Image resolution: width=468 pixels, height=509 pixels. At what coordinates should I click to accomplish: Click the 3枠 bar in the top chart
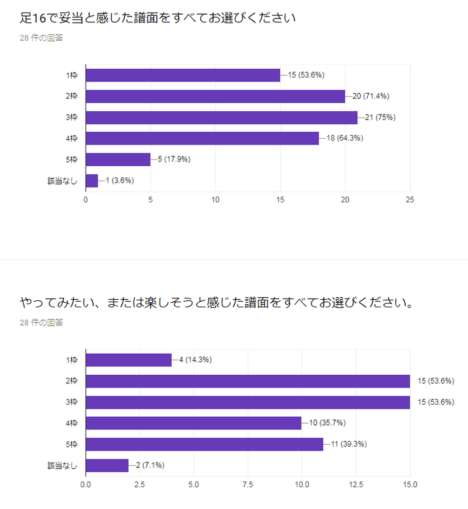[221, 118]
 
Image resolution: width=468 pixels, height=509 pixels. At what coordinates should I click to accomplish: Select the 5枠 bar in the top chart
[118, 160]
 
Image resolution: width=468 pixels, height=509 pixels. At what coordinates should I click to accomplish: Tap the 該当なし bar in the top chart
[92, 181]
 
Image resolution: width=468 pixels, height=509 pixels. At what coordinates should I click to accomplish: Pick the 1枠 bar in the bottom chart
[128, 360]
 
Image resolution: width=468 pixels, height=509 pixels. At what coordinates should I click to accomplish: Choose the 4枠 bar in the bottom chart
[193, 423]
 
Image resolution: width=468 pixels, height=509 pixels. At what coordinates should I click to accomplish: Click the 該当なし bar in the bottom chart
[107, 466]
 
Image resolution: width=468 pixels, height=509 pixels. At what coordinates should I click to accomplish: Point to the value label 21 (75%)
[380, 117]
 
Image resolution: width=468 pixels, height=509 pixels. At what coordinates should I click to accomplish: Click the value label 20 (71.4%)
[371, 96]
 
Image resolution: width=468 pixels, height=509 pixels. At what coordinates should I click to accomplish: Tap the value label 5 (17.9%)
[174, 159]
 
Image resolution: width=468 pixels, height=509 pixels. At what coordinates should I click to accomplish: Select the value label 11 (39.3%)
[348, 443]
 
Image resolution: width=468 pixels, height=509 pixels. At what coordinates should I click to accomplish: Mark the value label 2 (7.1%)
[150, 465]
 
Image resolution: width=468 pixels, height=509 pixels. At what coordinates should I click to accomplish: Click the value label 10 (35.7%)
[327, 422]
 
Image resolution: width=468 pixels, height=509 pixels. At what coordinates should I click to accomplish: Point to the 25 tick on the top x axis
[410, 200]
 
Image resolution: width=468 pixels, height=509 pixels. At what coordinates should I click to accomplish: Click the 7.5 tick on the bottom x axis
[248, 485]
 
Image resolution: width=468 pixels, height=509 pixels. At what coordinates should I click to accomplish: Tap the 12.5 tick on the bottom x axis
[356, 485]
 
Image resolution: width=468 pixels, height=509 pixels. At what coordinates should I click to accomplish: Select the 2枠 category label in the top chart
[72, 96]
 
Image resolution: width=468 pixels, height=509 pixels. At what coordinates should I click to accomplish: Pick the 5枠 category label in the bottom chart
[72, 444]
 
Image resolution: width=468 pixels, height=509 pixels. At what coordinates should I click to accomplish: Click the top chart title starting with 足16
[158, 18]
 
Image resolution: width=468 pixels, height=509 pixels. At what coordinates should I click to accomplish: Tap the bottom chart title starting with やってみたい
[217, 303]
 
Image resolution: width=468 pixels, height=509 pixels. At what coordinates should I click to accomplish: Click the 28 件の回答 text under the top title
[41, 38]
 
